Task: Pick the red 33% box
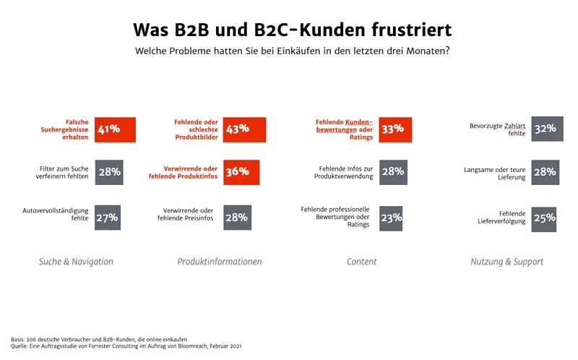coord(395,129)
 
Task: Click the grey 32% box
coord(545,129)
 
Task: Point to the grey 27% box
coord(107,218)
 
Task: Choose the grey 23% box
coord(392,218)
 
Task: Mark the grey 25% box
coord(545,218)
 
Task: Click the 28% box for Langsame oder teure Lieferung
coord(545,172)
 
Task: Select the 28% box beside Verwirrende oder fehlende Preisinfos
coord(236,218)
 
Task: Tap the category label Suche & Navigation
coord(76,262)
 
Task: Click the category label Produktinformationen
coord(220,262)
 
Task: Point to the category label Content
coord(361,262)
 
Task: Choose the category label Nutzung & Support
coord(506,262)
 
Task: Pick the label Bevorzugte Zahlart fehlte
coord(497,129)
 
